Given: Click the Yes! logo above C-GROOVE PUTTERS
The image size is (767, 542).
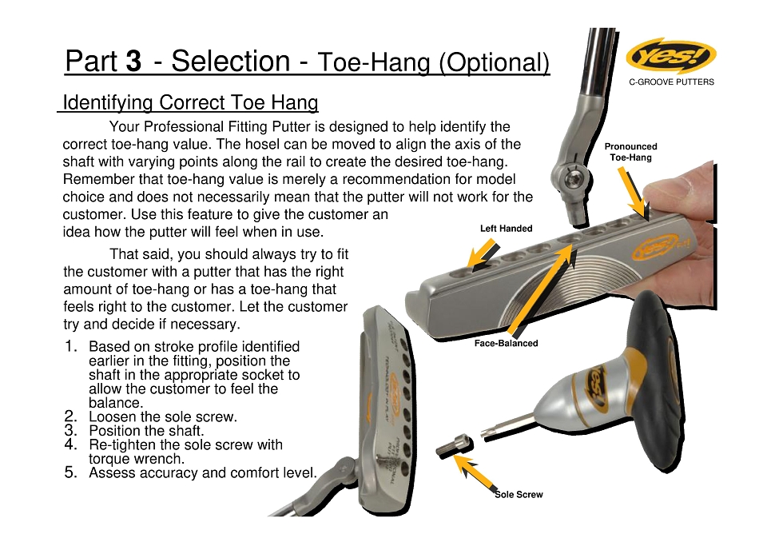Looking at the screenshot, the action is pos(670,56).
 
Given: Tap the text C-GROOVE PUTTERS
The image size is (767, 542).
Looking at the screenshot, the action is pos(672,82).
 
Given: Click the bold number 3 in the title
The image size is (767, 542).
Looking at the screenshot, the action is pos(133,62).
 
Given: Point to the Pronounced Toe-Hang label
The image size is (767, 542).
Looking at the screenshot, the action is pos(630,152).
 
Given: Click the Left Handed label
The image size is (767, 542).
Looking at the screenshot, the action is pos(506,228).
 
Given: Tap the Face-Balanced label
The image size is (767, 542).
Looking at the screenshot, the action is pos(506,343).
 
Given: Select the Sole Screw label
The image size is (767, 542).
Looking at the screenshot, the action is pos(519,495).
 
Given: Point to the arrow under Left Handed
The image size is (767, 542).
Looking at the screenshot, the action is pos(484,255).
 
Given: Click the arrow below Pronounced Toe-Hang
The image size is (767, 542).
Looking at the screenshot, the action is pos(634,194).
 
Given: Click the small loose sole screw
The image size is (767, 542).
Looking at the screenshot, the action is pos(455,447).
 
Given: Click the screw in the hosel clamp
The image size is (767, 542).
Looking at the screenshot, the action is pos(570,180).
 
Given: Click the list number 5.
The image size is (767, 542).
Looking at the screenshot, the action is pos(70,472).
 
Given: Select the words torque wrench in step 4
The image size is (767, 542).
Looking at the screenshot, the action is pos(137,459).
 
